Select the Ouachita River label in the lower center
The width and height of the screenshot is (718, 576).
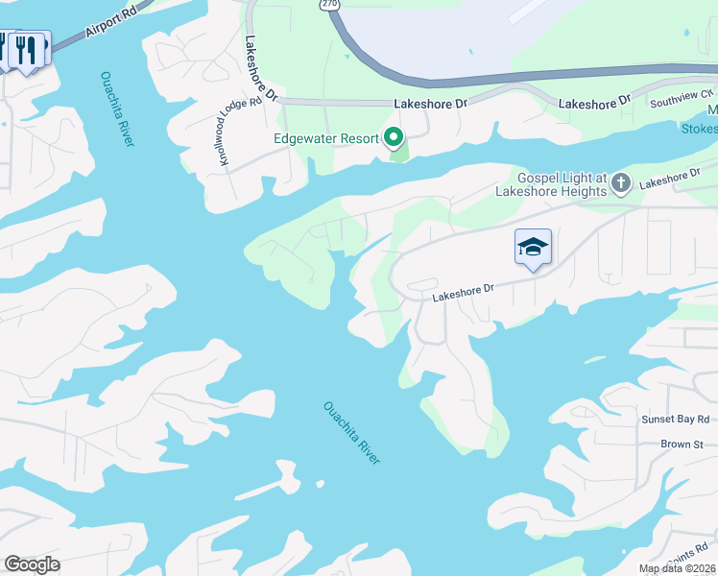352,433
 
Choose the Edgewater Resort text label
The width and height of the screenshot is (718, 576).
326,138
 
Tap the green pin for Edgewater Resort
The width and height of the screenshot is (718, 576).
394,138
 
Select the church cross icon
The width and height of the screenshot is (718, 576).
620,182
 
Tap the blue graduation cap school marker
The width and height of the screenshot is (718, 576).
533,248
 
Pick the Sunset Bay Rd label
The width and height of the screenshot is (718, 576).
676,420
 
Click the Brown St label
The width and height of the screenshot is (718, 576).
682,444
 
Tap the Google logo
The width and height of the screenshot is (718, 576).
32,564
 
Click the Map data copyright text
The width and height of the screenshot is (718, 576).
678,568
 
